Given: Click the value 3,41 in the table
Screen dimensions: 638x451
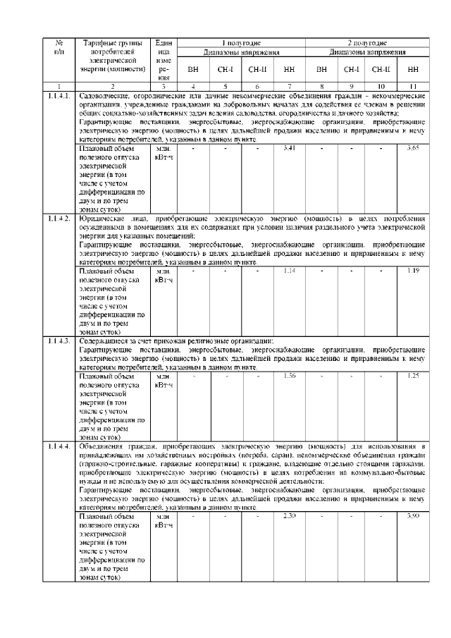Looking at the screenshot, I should pyautogui.click(x=289, y=147).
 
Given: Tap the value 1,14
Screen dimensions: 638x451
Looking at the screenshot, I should pyautogui.click(x=289, y=270).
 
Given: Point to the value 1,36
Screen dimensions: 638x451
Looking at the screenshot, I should pyautogui.click(x=289, y=375).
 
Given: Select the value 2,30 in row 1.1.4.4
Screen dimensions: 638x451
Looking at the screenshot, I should pyautogui.click(x=289, y=517).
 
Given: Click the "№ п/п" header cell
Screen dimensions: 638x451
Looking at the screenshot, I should pyautogui.click(x=59, y=47).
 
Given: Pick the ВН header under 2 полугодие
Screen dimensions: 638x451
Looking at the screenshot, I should pyautogui.click(x=321, y=70).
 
